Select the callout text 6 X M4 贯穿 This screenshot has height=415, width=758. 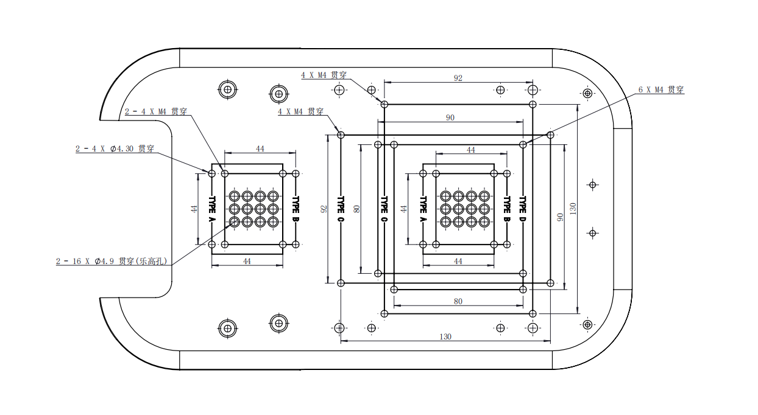(x=661, y=90)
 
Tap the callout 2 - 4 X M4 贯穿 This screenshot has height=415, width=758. (x=156, y=112)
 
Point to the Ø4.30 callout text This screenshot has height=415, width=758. (x=114, y=148)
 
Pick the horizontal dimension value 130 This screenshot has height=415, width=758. (x=445, y=337)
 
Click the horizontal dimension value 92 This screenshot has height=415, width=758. (x=458, y=78)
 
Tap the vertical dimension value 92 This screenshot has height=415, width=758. (x=324, y=209)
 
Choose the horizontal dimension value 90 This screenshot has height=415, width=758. (x=450, y=118)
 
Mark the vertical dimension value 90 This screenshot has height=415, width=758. (x=559, y=217)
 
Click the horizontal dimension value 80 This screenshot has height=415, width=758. (x=458, y=301)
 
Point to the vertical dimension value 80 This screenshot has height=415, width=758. (x=357, y=209)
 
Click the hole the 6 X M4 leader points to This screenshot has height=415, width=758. (x=523, y=144)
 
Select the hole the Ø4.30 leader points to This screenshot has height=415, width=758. (x=211, y=173)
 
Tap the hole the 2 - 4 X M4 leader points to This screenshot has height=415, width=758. (x=225, y=173)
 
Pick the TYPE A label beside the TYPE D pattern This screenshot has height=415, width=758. (x=422, y=209)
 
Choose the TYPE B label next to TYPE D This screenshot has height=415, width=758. (x=506, y=209)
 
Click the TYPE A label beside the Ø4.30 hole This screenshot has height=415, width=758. (x=212, y=209)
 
